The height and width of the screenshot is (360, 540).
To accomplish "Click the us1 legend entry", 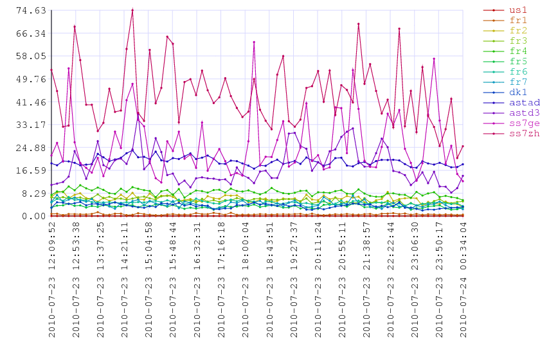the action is point(505,10).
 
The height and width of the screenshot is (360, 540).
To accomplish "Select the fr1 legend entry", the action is point(505,21).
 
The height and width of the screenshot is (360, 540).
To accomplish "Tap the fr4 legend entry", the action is point(505,51).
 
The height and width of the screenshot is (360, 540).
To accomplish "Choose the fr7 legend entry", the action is point(505,82).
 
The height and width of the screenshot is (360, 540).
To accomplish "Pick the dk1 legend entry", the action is point(505,93).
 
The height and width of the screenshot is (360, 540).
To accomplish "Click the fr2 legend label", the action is point(518,31).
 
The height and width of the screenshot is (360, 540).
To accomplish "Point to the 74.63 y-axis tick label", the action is point(31,11).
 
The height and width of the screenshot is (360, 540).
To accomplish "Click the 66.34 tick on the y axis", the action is point(31,34).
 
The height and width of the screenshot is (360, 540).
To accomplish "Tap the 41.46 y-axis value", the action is point(31,102).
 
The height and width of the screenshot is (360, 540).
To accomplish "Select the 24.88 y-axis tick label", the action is point(31,148).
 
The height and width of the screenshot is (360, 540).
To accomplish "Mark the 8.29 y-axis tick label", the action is point(33,194).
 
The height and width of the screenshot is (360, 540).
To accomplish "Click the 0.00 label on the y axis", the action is point(33,217).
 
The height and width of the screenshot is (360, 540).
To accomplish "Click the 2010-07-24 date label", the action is point(464,307).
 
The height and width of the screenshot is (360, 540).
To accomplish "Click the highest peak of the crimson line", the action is point(132,10).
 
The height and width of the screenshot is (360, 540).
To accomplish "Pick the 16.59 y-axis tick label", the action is point(31,171).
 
